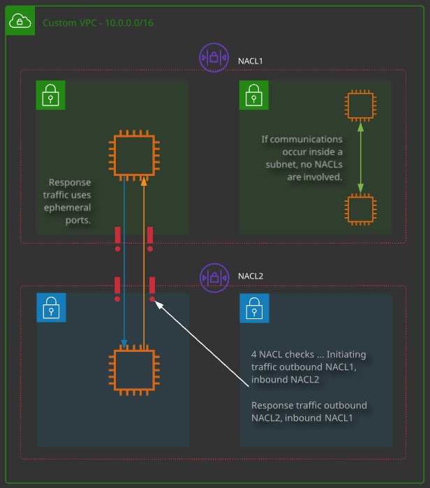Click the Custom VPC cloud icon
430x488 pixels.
pyautogui.click(x=20, y=20)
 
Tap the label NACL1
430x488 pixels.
pyautogui.click(x=250, y=61)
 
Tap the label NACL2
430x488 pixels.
pyautogui.click(x=251, y=276)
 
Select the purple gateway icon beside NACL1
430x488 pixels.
pyautogui.click(x=214, y=57)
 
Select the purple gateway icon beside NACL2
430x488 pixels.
pyautogui.click(x=214, y=278)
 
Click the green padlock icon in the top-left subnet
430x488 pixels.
pyautogui.click(x=50, y=95)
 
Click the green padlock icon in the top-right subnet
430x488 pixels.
pyautogui.click(x=254, y=95)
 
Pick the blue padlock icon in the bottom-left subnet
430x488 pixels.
pyautogui.click(x=51, y=307)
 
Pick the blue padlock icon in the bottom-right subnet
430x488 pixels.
pyautogui.click(x=254, y=308)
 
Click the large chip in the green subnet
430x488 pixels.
pyautogui.click(x=134, y=155)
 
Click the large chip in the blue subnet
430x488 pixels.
pyautogui.click(x=134, y=370)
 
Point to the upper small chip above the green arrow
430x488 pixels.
pyautogui.click(x=361, y=105)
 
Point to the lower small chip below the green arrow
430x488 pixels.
pyautogui.click(x=361, y=209)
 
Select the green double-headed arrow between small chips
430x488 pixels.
pyautogui.click(x=361, y=158)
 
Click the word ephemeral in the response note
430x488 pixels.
pyautogui.click(x=68, y=207)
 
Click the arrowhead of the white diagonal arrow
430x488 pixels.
pyautogui.click(x=158, y=304)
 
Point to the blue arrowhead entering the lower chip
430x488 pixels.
pyautogui.click(x=124, y=344)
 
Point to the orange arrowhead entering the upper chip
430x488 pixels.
pyautogui.click(x=144, y=182)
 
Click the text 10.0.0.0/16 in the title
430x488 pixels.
pyautogui.click(x=129, y=23)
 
